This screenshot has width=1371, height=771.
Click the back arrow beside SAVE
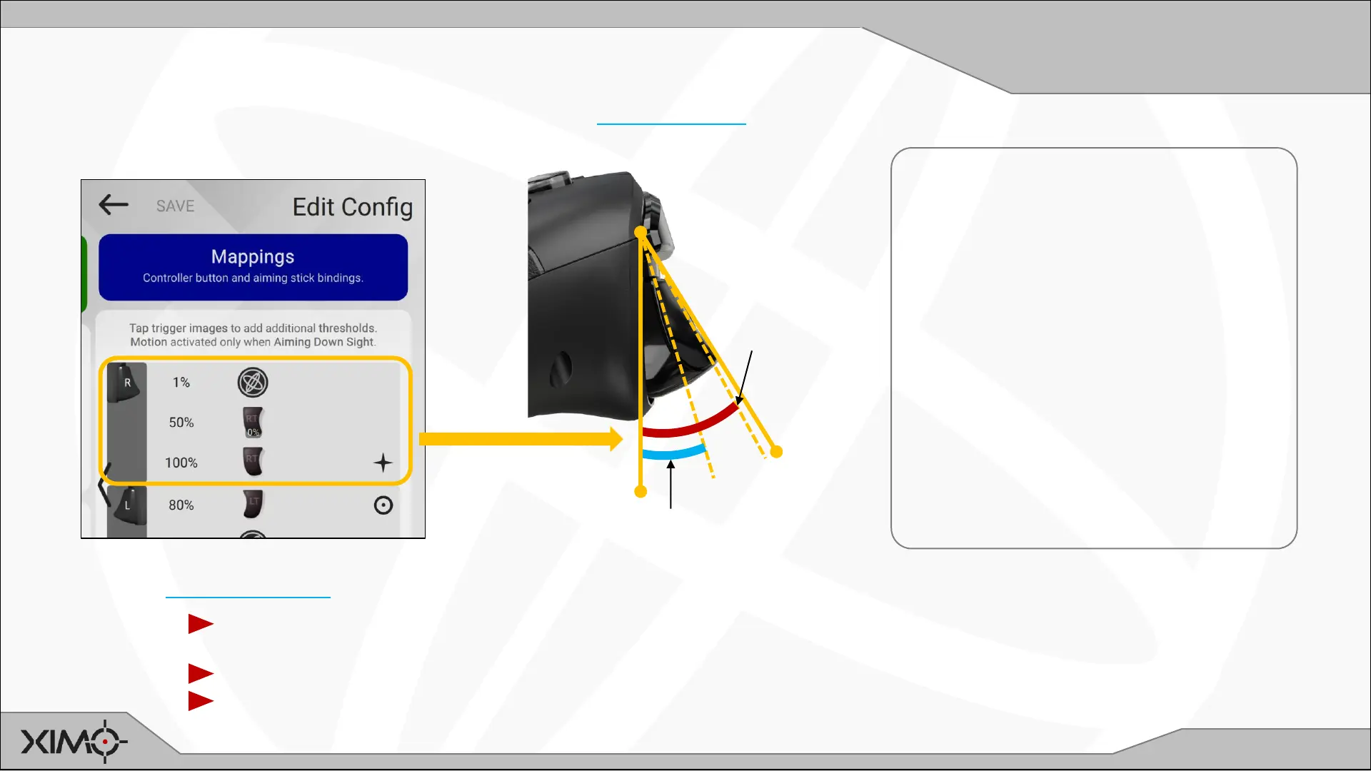click(114, 205)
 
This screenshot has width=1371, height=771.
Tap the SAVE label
click(175, 206)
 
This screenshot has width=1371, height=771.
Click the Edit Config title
click(352, 207)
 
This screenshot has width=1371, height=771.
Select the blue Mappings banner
click(253, 267)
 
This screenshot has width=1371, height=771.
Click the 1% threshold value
click(181, 383)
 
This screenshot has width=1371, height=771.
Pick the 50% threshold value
click(181, 423)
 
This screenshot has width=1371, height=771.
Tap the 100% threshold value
click(181, 463)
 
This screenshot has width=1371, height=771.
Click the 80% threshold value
click(181, 505)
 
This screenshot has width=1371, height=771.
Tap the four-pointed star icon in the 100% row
click(383, 463)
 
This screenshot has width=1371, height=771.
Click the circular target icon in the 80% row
click(383, 505)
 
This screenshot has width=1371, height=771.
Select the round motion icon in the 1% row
click(253, 383)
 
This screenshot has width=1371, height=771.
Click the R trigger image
click(127, 383)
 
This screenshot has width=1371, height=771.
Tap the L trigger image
click(127, 505)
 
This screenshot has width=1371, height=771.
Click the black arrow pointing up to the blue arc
click(671, 485)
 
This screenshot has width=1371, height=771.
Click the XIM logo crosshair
click(105, 742)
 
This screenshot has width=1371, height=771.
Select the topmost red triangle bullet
click(201, 624)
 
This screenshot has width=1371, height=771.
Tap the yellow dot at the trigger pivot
click(641, 232)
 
